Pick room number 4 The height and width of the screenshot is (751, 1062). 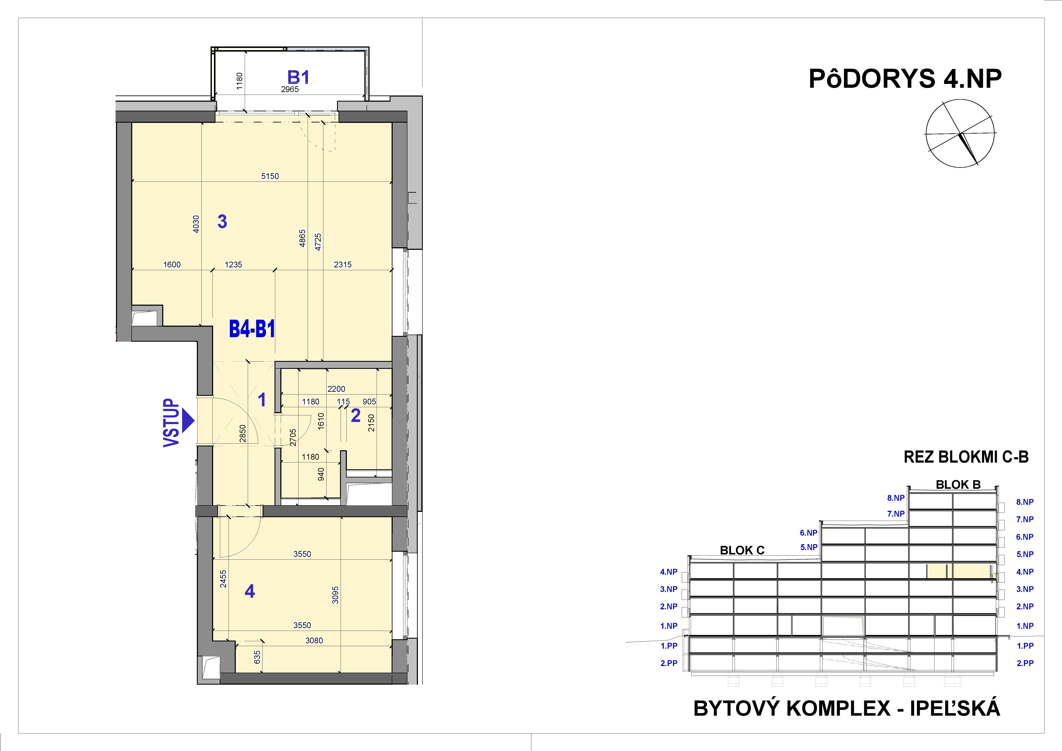250,591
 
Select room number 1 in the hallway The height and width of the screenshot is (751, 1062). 262,400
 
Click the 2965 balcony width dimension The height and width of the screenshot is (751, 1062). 290,89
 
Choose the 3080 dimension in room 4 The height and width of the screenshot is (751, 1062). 314,640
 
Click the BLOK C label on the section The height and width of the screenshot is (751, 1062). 742,550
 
